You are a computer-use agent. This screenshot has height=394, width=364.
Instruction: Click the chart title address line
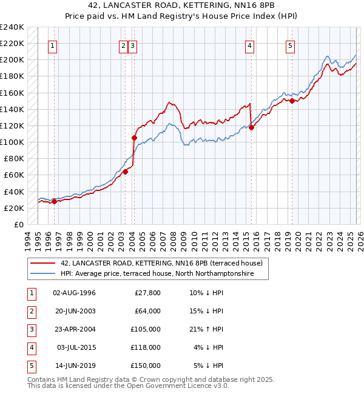click(x=181, y=7)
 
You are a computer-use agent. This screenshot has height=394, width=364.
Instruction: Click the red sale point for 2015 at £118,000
click(x=251, y=127)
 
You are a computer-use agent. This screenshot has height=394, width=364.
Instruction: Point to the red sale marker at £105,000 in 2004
click(x=134, y=138)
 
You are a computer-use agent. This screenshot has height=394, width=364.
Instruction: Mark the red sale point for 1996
click(x=54, y=202)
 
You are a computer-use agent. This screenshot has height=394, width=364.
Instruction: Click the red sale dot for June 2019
click(x=291, y=101)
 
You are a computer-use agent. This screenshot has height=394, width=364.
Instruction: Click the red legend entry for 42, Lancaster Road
click(x=161, y=264)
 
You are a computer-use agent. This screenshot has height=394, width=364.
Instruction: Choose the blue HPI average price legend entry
click(x=164, y=274)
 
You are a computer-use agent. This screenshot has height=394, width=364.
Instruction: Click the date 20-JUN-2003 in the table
click(x=74, y=311)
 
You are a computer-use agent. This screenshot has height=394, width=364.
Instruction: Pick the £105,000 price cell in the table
click(x=146, y=329)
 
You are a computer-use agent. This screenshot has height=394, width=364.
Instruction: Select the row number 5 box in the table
click(x=30, y=366)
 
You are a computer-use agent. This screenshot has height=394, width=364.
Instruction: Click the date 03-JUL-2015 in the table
click(x=75, y=347)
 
